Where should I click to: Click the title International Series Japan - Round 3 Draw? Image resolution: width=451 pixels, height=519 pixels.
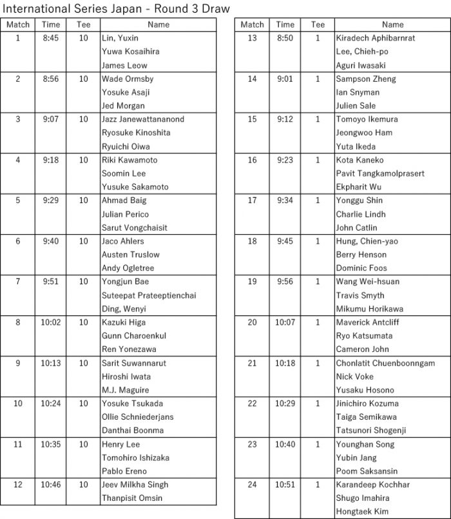116,8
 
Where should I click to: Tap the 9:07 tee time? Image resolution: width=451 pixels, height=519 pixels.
51,119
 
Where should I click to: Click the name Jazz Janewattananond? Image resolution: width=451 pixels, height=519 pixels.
143,119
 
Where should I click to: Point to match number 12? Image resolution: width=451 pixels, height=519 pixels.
18,484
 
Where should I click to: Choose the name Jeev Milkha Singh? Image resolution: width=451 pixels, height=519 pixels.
135,484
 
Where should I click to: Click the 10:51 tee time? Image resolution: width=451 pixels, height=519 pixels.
285,484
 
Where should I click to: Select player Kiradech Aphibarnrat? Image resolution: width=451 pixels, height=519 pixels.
376,38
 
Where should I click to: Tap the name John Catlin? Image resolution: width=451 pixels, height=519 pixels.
357,228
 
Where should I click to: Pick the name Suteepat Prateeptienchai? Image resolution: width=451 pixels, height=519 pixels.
149,295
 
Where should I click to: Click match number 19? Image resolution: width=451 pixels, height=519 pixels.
252,282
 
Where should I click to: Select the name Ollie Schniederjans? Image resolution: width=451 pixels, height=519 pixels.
137,416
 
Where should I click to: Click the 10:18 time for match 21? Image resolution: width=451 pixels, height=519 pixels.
285,363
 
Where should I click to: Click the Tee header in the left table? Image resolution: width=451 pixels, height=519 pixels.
83,24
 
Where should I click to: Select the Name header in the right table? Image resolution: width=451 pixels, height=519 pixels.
393,24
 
